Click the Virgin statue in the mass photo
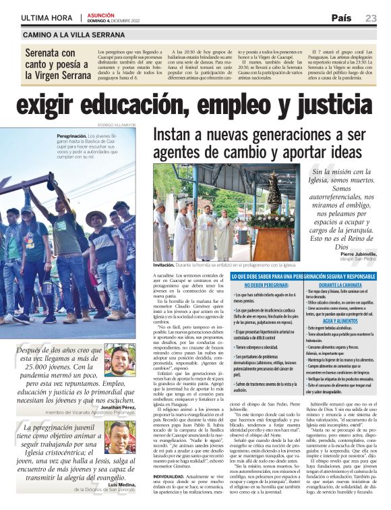273,196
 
